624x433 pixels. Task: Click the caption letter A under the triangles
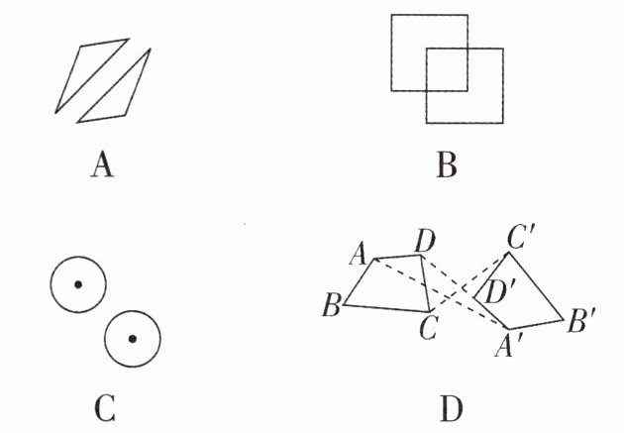pyautogui.click(x=101, y=164)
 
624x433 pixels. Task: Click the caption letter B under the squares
pyautogui.click(x=447, y=164)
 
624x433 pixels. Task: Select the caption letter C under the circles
pyautogui.click(x=101, y=406)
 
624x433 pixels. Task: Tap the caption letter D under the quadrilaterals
pyautogui.click(x=449, y=406)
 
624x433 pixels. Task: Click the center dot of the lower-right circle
pyautogui.click(x=132, y=338)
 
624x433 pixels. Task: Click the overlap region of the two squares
pyautogui.click(x=447, y=69)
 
